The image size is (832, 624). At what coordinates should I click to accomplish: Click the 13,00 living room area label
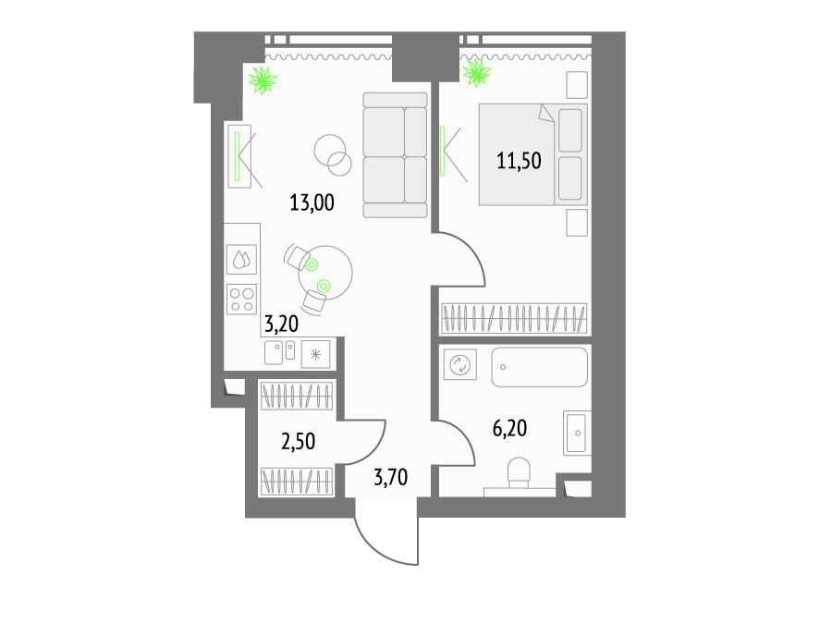point(312,202)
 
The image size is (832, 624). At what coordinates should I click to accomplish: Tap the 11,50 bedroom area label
point(519,160)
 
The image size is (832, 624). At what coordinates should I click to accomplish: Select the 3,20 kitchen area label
point(282,324)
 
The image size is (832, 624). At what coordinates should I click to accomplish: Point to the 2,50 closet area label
point(299,441)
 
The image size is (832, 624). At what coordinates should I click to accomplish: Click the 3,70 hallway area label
point(391,477)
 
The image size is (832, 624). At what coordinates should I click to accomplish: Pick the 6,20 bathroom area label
point(510,428)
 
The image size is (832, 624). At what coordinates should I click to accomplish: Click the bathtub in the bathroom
point(540,367)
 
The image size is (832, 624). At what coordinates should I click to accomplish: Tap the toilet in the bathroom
point(519,473)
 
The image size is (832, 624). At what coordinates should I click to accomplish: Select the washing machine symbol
point(460,364)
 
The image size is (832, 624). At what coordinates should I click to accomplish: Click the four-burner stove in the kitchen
point(242,300)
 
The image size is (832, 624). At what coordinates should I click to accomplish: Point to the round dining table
point(325,273)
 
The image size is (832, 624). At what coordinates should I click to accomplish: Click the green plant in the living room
point(263,80)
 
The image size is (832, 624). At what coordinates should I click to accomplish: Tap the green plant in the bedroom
point(476,73)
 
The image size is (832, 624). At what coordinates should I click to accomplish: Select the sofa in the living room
point(396,155)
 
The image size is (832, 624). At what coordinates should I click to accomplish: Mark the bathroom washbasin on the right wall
point(577,433)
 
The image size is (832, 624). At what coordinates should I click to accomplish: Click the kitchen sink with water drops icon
point(242,260)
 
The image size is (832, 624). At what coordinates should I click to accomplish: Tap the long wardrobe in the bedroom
point(515,318)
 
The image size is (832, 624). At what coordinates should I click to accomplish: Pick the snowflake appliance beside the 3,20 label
point(316,354)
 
